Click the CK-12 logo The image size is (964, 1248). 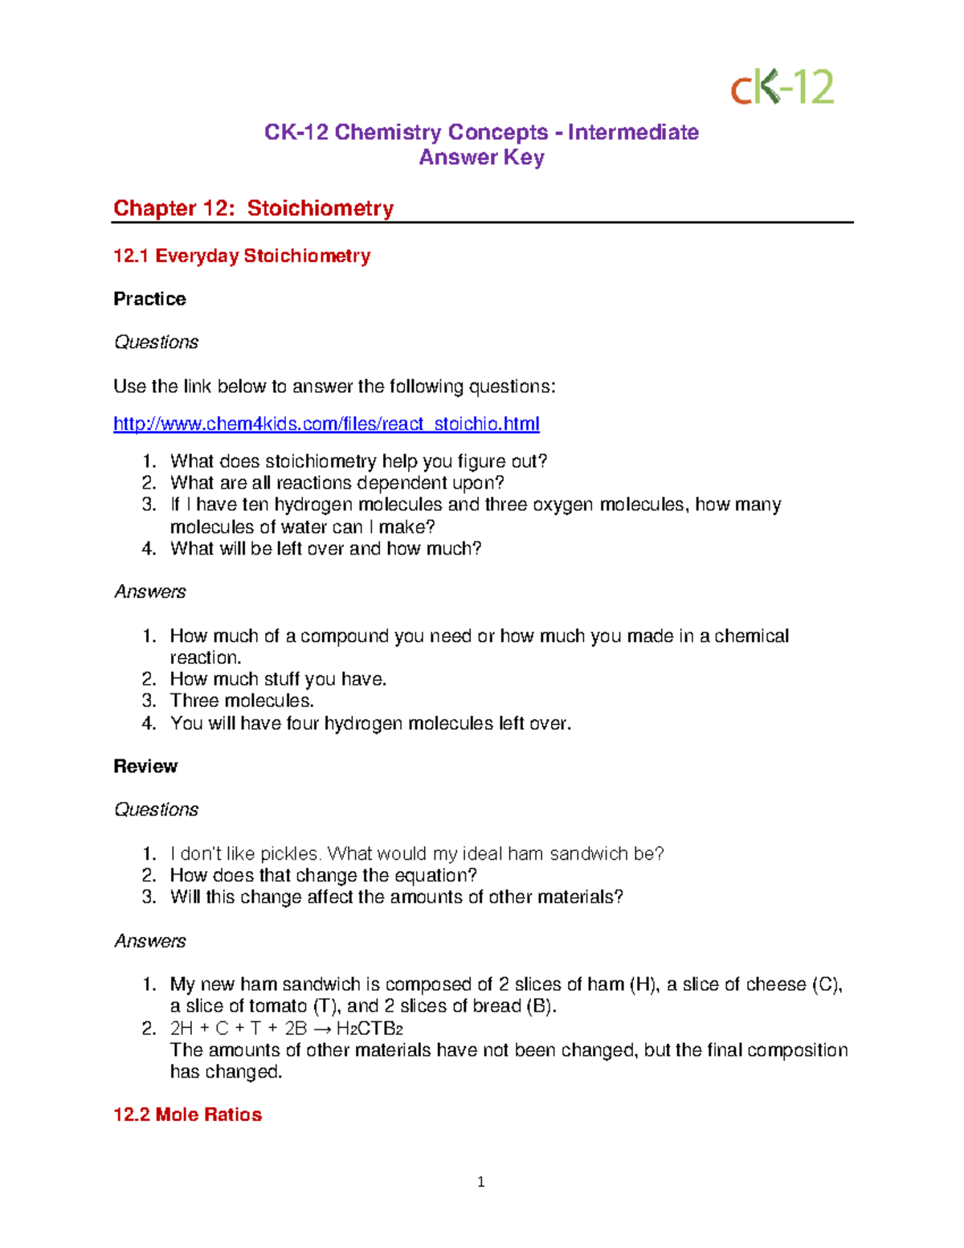[x=782, y=87]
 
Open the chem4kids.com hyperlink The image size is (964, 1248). [x=326, y=424]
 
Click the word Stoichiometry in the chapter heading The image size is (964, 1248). [x=320, y=208]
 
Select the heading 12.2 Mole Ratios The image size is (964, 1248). [x=187, y=1115]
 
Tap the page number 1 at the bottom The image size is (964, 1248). [x=480, y=1181]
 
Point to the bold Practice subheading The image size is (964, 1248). [x=149, y=299]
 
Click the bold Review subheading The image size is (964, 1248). [x=145, y=766]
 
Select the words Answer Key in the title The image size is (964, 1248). [x=481, y=158]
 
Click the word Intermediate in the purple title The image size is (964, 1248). [x=633, y=132]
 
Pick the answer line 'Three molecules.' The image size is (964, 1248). [x=242, y=701]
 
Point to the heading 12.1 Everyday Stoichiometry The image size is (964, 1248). [x=242, y=256]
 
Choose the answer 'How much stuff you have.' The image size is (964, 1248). [x=278, y=679]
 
